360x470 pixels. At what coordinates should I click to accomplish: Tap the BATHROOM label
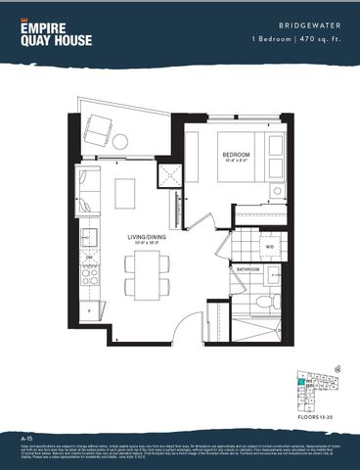pyautogui.click(x=247, y=267)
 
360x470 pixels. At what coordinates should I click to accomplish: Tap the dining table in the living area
pyautogui.click(x=143, y=274)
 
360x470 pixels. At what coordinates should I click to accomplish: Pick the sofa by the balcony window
pyautogui.click(x=87, y=190)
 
